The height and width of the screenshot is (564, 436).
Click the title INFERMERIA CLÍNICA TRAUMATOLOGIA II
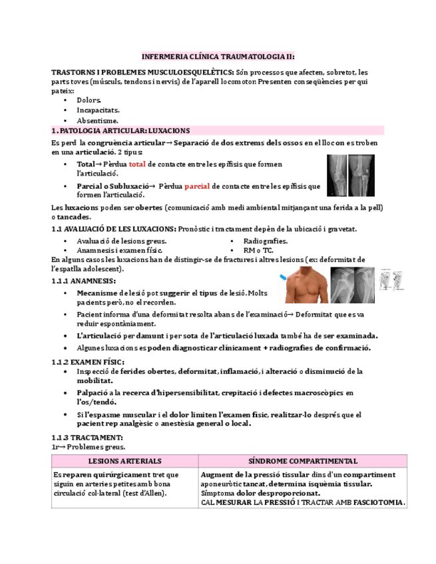coord(218,57)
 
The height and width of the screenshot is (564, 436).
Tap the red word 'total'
coord(137,164)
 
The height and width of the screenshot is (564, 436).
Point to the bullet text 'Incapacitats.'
coord(98,110)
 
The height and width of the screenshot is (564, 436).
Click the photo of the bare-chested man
coord(306,284)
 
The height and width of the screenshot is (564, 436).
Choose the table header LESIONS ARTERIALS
coord(124,461)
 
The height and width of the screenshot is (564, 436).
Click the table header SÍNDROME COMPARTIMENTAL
coord(303,461)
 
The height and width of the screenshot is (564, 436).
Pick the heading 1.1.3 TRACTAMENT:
coord(87,438)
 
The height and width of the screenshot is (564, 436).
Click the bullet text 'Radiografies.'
coord(265,241)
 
